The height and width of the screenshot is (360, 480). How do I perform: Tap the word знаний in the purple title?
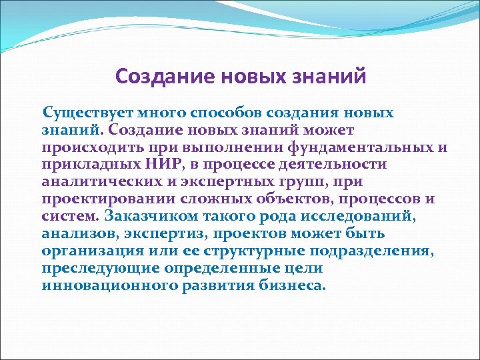pos(329,77)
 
